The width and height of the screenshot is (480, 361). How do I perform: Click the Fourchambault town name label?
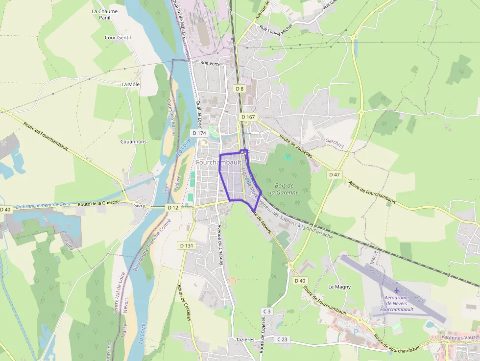tap(219, 162)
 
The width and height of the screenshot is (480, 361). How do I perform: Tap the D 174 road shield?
tap(198, 133)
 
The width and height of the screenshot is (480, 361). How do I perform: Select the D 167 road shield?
tap(248, 117)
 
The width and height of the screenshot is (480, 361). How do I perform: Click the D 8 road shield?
tap(239, 89)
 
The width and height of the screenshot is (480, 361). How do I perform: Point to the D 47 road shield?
tap(334, 174)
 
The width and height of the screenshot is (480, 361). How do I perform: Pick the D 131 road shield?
tap(187, 245)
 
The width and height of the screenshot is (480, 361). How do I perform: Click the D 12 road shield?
tap(172, 208)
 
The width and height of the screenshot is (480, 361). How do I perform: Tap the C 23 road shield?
tap(282, 339)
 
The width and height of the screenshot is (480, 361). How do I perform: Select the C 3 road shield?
tap(267, 311)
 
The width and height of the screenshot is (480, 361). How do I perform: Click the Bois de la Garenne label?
tap(287, 189)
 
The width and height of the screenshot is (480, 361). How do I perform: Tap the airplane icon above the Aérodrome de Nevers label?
tap(396, 291)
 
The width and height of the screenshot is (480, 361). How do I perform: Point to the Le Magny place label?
tap(339, 287)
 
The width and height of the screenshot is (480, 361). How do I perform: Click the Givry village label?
tap(139, 206)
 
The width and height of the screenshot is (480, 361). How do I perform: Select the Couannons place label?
tap(133, 142)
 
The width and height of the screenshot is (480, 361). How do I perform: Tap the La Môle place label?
tap(130, 84)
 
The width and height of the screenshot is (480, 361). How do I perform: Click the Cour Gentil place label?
tap(118, 37)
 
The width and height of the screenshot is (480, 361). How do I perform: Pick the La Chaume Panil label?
tap(105, 14)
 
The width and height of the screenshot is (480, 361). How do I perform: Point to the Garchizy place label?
tap(335, 141)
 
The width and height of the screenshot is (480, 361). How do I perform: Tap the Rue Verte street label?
tap(210, 63)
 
